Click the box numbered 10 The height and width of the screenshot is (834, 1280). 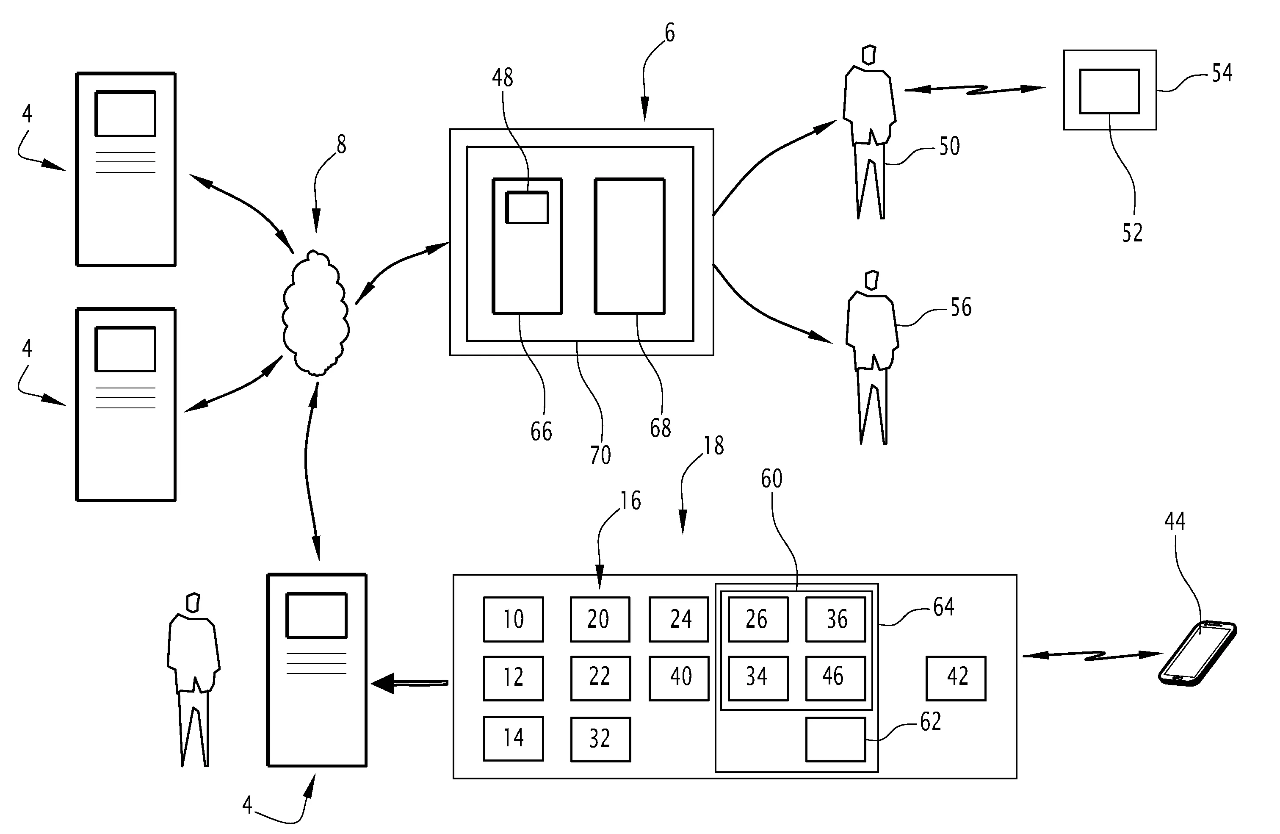(513, 619)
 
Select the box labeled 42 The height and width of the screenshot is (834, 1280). (956, 678)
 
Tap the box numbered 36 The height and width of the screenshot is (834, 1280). (835, 619)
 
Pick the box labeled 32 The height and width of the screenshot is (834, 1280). (600, 739)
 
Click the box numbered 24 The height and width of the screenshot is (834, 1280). (679, 619)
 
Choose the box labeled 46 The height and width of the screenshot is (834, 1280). (835, 678)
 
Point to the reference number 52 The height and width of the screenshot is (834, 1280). (1132, 233)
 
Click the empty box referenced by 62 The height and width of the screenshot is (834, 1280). (835, 739)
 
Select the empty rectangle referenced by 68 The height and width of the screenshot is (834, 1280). (630, 246)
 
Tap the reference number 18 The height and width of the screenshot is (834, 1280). (714, 446)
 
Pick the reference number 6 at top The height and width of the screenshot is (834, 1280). (669, 33)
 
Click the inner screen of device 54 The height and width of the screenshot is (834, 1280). (1109, 91)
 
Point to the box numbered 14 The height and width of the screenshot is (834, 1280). (513, 738)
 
